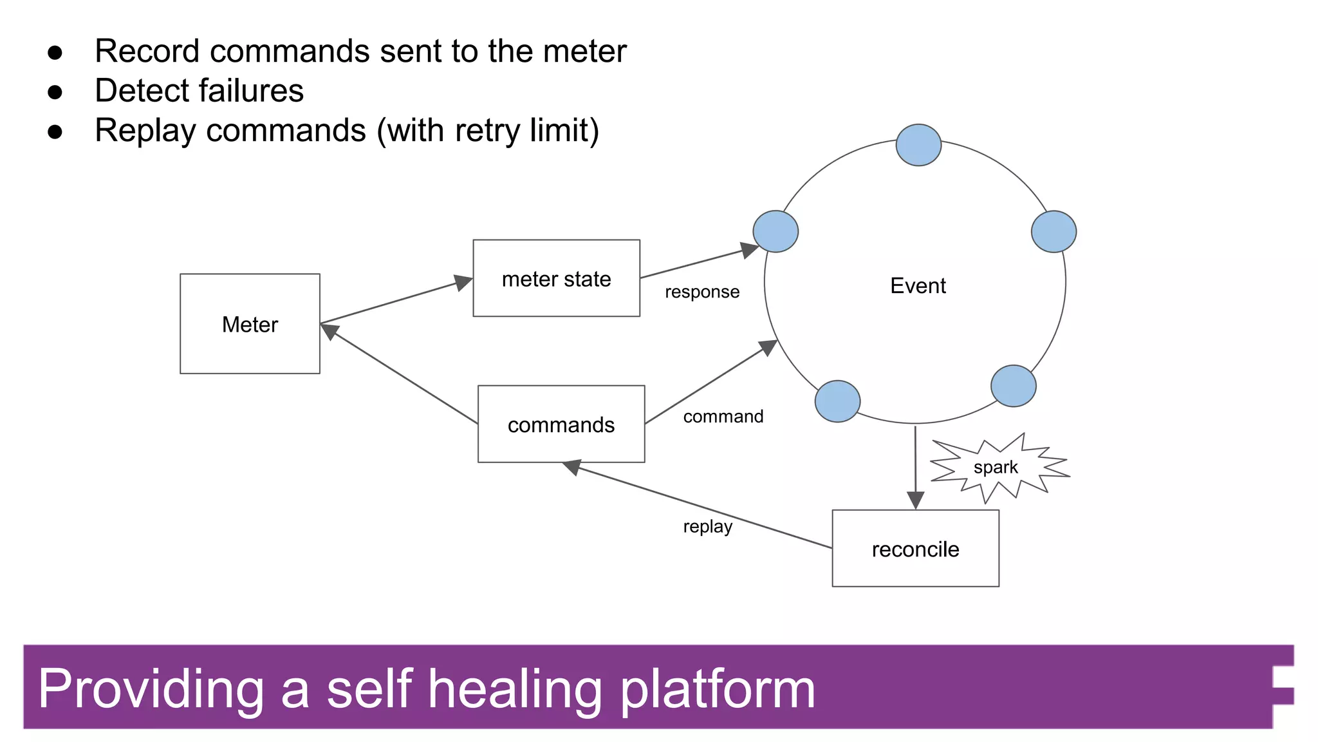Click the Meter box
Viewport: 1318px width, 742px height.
coord(250,323)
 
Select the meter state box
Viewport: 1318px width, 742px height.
coord(556,278)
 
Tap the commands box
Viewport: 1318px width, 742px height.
coord(561,424)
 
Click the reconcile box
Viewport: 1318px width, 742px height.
coord(915,548)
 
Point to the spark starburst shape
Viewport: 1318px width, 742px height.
coord(997,468)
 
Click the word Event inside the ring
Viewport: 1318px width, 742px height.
coord(918,285)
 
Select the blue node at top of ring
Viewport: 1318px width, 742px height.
coord(918,145)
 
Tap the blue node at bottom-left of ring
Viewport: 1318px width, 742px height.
coord(837,401)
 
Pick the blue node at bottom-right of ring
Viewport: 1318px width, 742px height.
coord(1013,386)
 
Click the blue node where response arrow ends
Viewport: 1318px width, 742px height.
coord(775,231)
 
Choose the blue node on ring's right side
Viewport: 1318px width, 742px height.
coord(1053,231)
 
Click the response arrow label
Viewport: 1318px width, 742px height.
coord(702,292)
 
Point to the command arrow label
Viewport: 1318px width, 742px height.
coord(723,417)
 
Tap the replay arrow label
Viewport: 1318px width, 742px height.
coord(708,526)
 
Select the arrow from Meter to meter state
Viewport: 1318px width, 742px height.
coord(396,301)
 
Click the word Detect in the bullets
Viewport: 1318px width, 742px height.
coord(144,90)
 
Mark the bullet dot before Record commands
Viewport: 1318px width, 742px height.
coord(55,52)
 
